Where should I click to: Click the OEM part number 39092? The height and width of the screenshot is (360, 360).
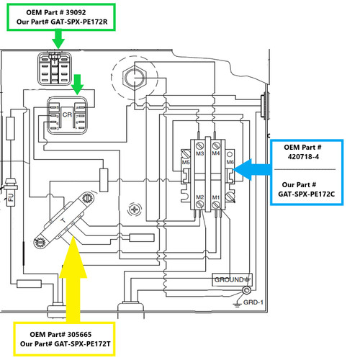pyautogui.click(x=76, y=12)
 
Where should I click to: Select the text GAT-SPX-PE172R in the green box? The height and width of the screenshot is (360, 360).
pyautogui.click(x=79, y=22)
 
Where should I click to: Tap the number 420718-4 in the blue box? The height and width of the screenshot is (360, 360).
pyautogui.click(x=303, y=157)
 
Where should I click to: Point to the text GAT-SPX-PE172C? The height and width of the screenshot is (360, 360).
pyautogui.click(x=306, y=194)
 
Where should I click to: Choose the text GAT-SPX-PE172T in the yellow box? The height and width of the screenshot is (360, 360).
pyautogui.click(x=83, y=344)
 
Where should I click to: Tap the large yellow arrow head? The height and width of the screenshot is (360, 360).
pyautogui.click(x=73, y=257)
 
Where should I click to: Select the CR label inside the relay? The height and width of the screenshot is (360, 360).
pyautogui.click(x=67, y=114)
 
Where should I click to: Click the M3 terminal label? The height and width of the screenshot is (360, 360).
pyautogui.click(x=200, y=153)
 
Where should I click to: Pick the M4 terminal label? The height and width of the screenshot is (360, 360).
pyautogui.click(x=216, y=153)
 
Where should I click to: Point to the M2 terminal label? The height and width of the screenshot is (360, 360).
pyautogui.click(x=200, y=197)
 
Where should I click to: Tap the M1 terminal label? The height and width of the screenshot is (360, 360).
pyautogui.click(x=216, y=197)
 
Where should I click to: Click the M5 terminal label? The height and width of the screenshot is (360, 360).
pyautogui.click(x=186, y=163)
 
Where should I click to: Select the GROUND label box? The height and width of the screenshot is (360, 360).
pyautogui.click(x=232, y=279)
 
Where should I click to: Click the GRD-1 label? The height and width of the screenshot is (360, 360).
pyautogui.click(x=253, y=302)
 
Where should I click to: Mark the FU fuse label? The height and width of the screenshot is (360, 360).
pyautogui.click(x=11, y=197)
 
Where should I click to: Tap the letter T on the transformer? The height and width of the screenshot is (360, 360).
pyautogui.click(x=63, y=220)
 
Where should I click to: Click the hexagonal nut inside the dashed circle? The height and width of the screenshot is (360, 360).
pyautogui.click(x=134, y=77)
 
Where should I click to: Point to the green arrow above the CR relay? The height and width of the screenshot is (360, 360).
pyautogui.click(x=78, y=84)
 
